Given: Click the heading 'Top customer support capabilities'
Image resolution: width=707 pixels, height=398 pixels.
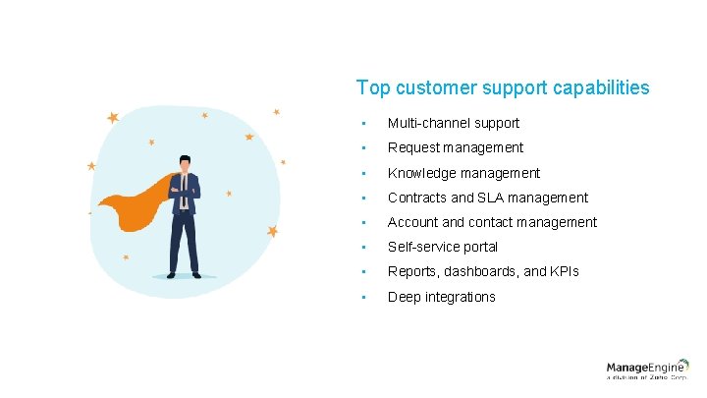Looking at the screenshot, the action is (x=503, y=88).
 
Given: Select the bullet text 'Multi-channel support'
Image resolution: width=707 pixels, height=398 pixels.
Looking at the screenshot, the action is (x=453, y=123).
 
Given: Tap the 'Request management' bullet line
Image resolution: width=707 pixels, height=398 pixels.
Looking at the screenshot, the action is (x=455, y=147).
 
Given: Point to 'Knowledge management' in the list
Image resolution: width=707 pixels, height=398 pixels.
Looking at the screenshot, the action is (x=463, y=173).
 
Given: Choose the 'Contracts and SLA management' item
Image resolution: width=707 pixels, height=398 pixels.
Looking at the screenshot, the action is (x=487, y=198).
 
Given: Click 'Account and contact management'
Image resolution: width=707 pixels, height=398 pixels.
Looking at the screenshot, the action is (x=492, y=222).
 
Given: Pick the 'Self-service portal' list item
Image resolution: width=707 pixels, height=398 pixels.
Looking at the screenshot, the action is (x=442, y=247).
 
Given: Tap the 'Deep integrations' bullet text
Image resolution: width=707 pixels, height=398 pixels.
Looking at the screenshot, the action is (x=441, y=297).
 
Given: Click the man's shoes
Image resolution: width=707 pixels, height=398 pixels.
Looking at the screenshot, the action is (x=184, y=276).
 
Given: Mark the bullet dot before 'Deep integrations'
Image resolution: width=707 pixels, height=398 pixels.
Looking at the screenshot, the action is (x=363, y=297).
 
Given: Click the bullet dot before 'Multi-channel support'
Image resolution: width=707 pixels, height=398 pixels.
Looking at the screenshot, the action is (x=363, y=124).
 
